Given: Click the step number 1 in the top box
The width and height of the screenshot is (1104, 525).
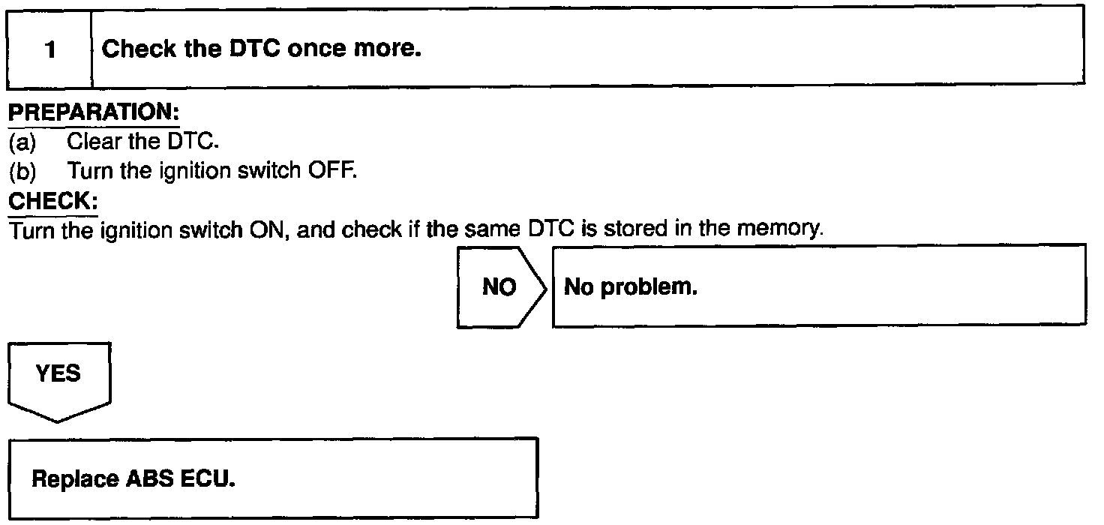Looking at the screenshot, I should coord(50,51).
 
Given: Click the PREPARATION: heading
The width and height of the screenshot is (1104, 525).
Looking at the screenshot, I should coord(93,112).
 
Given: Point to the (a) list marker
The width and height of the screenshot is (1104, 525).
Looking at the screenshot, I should coord(22,142).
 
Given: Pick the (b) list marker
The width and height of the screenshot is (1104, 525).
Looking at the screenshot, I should coord(22,171).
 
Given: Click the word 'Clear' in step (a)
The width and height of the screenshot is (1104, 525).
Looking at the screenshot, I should coord(94,142).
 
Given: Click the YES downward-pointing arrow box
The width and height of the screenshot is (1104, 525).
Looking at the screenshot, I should coord(58,379).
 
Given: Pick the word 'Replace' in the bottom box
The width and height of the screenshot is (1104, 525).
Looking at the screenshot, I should coord(75,478).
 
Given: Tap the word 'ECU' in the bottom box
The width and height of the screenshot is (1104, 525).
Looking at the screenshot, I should coord(208,478).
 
